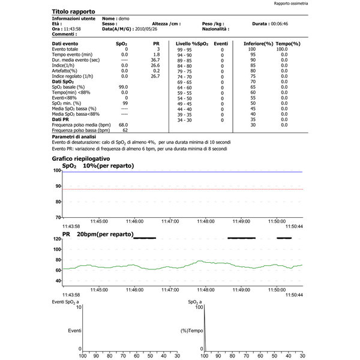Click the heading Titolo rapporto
click(x=76, y=11)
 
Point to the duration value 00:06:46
click(x=295, y=23)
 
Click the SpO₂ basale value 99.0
click(x=125, y=87)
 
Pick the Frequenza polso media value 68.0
click(x=125, y=125)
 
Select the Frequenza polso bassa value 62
click(x=125, y=130)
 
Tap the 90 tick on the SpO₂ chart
click(x=58, y=186)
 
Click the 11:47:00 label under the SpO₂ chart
click(x=170, y=221)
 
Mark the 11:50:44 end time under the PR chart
click(x=294, y=295)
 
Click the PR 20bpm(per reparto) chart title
click(x=98, y=233)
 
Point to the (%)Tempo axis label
click(x=192, y=330)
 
